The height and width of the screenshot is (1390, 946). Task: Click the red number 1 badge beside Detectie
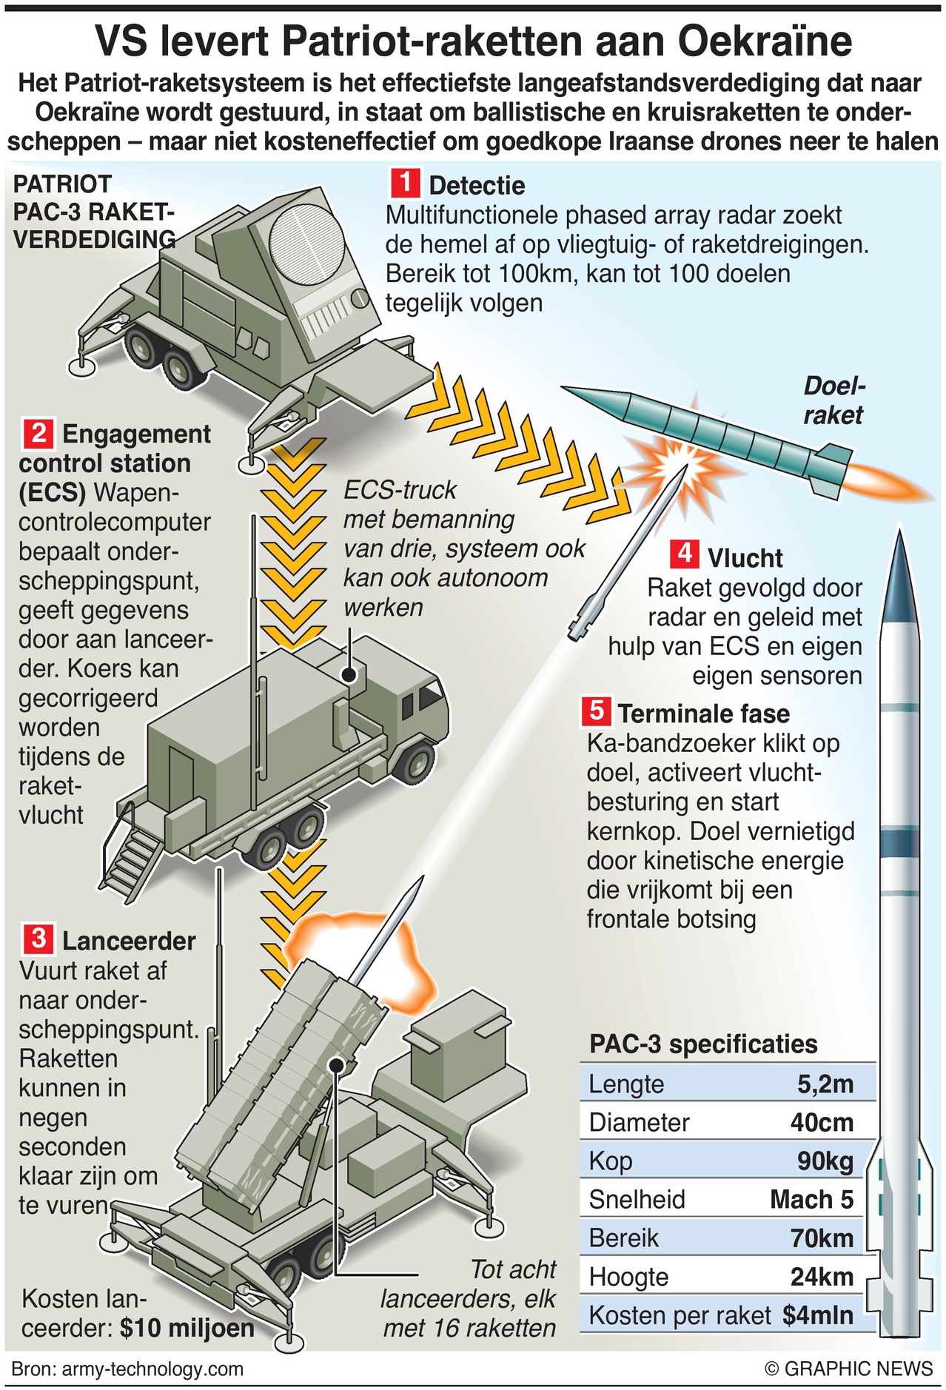pos(405,183)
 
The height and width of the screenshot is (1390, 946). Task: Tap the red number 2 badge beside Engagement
pos(38,433)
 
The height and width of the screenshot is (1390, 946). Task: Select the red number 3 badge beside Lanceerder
pos(38,939)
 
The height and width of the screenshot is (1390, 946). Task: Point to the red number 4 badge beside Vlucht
pos(684,554)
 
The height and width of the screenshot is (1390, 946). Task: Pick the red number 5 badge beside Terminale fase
pos(596,711)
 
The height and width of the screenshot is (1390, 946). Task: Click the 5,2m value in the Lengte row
pos(825,1084)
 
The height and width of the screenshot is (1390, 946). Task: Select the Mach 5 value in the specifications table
pos(811,1200)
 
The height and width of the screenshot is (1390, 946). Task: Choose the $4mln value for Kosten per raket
pos(817,1315)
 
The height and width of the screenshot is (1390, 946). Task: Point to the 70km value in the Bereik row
pos(822,1238)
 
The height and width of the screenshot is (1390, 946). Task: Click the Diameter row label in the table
pos(639,1123)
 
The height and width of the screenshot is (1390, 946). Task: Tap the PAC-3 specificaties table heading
pos(703,1044)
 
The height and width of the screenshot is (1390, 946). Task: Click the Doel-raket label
pos(834,400)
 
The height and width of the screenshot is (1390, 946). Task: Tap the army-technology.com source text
pos(152,1369)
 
